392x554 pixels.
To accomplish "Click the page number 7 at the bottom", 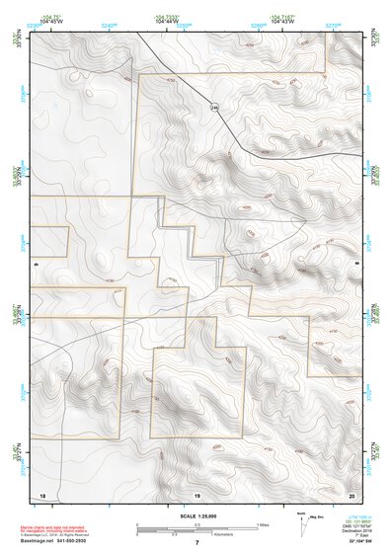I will [x=197, y=542].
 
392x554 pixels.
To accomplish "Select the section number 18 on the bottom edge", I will [x=41, y=494].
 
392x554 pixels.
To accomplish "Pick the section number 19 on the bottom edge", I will [x=196, y=494].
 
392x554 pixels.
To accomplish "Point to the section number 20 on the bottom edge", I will [x=353, y=494].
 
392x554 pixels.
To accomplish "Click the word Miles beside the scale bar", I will [x=261, y=524].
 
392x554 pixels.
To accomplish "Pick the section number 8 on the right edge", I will [x=357, y=266].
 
